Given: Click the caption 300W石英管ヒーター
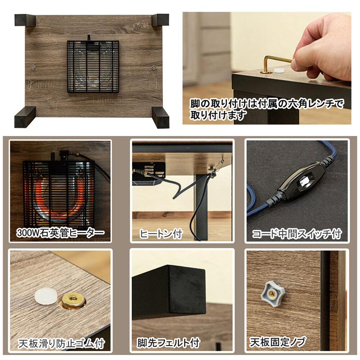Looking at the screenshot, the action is pos(61,233).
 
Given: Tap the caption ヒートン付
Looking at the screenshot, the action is pos(161,234).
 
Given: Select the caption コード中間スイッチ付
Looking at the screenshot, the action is pos(297,234).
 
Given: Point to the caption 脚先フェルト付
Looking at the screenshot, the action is pos(168,343).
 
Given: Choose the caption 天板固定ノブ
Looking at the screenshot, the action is pos(277,342).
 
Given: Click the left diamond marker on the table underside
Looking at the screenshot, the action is pos(33,67).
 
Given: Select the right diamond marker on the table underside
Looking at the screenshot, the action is pos(154,67).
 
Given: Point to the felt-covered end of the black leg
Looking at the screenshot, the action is pos(187,290).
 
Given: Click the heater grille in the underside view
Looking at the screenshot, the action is pos(93,66).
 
